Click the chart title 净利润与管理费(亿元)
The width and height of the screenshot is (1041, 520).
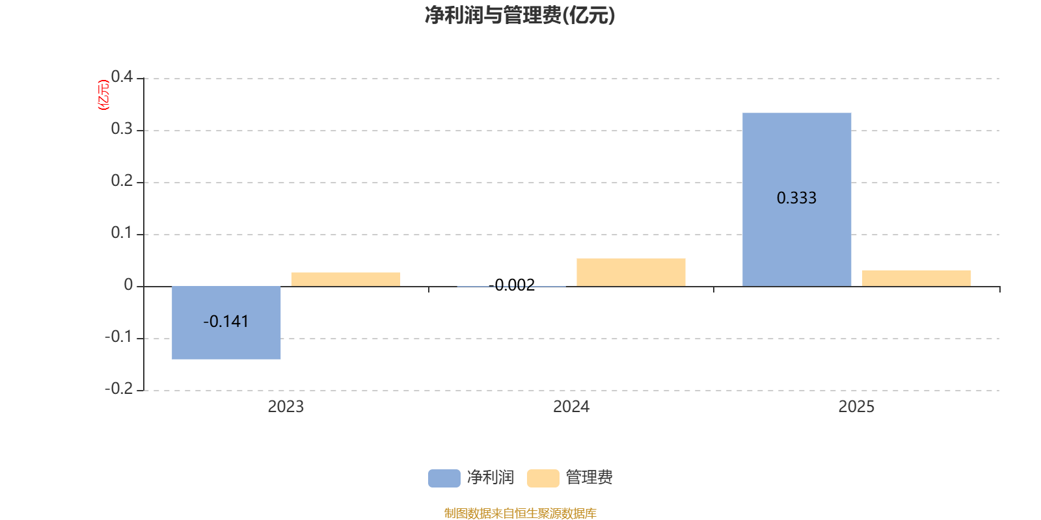click(520, 15)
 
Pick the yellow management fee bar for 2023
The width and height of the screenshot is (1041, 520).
click(345, 279)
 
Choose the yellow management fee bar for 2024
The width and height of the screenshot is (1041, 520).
click(630, 272)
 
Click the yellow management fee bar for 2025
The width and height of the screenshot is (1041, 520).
click(916, 278)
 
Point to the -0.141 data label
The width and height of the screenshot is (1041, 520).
click(226, 322)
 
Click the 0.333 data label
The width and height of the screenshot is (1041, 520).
click(796, 198)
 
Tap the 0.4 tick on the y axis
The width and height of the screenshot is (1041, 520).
click(122, 77)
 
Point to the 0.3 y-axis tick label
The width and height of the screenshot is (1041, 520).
click(122, 129)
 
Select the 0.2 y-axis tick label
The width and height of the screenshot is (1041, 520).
click(122, 181)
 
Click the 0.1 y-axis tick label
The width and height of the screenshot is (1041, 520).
click(122, 233)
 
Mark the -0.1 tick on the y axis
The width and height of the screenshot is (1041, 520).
click(118, 337)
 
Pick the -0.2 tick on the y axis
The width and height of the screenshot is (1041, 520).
click(118, 389)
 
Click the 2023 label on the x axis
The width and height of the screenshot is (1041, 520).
click(286, 407)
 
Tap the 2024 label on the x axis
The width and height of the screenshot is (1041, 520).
click(571, 407)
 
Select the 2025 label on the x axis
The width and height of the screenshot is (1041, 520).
click(856, 407)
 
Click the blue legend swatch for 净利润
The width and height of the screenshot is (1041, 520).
click(444, 478)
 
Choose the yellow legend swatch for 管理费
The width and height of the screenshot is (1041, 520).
click(543, 478)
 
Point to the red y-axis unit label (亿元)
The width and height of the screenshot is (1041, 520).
click(103, 95)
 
